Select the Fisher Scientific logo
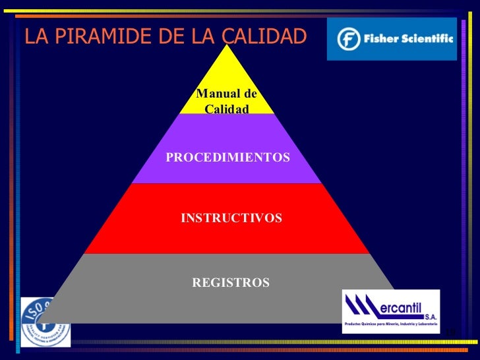coord(392,40)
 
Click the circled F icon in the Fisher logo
coord(348,40)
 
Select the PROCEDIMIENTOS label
coord(227,158)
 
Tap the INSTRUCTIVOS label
coord(231,218)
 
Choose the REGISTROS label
coord(230,283)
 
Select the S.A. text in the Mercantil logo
coord(430,316)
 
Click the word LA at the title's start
coord(36,38)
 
